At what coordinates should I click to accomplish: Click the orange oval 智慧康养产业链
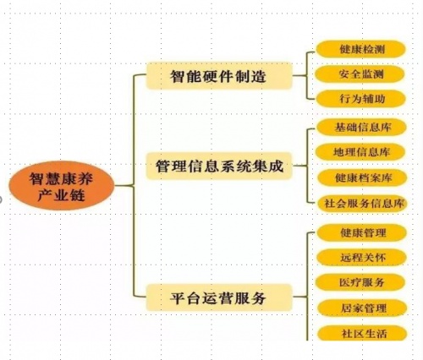coord(62,186)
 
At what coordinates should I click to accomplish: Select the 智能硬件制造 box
coord(219,76)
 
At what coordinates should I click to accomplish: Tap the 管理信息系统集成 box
coord(219,166)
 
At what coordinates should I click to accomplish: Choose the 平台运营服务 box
coord(219,297)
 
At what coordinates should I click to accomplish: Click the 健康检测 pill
coord(361,49)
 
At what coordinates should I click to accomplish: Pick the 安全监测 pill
coord(360,74)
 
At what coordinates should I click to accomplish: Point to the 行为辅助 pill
coord(361,99)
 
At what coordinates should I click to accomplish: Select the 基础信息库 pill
coord(362,128)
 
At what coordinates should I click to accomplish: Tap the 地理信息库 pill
coord(360,152)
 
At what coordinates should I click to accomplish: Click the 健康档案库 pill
coord(362,177)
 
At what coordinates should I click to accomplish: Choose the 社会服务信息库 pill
coord(362,203)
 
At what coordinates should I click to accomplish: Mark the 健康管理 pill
coord(362,233)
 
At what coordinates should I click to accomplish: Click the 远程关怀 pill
coord(362,257)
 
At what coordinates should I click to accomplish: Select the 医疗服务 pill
coord(360,282)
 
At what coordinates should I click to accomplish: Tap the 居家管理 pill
coord(362,308)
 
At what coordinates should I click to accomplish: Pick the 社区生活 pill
coord(362,333)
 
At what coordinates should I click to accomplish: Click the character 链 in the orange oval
coord(78,195)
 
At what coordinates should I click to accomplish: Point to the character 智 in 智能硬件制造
coord(178,76)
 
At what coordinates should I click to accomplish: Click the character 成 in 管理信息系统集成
coord(276,166)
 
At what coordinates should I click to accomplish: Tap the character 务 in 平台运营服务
coord(258,298)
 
